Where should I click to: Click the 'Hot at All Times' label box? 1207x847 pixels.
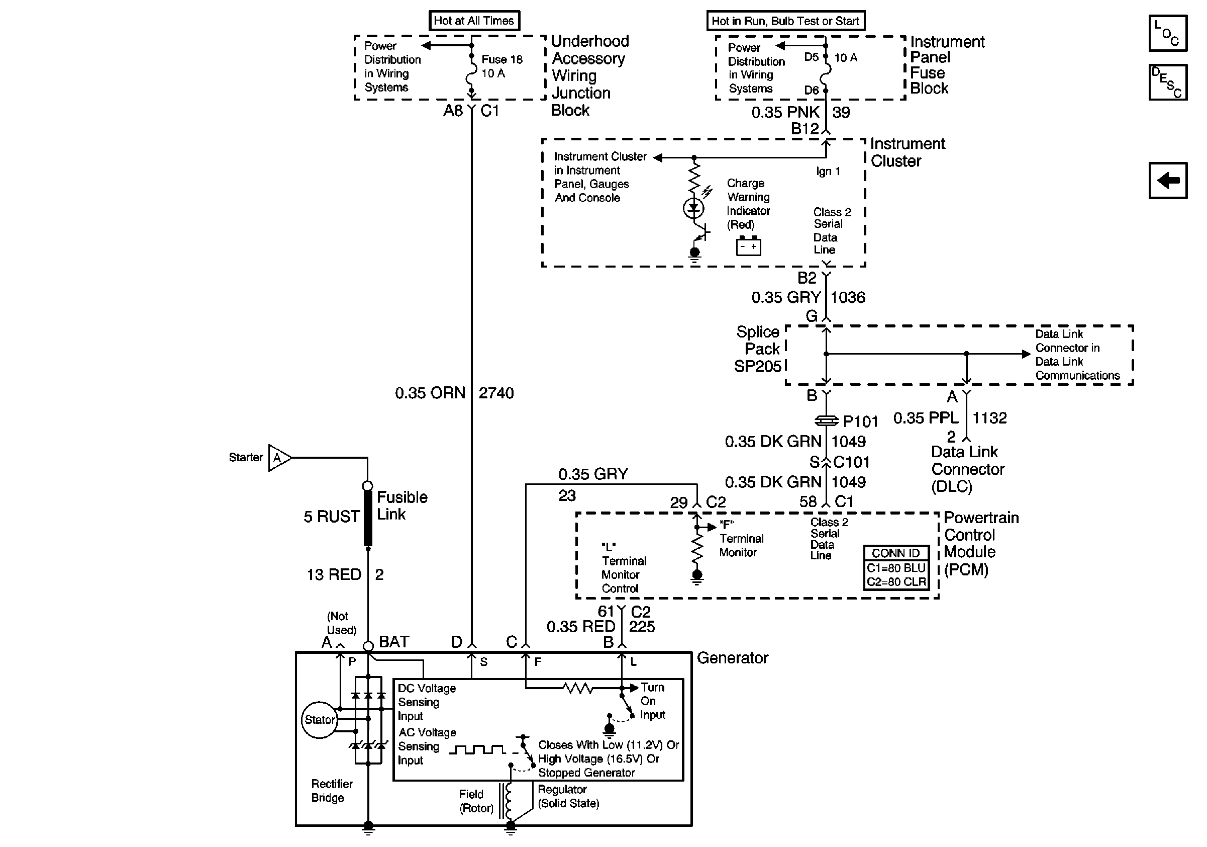click(474, 21)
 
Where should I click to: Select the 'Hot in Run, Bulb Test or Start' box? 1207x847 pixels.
click(785, 21)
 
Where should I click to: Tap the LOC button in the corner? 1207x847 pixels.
click(1168, 33)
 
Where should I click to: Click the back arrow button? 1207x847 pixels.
click(1168, 181)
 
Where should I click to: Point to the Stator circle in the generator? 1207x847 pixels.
click(319, 720)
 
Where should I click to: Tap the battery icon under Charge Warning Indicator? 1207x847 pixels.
click(748, 245)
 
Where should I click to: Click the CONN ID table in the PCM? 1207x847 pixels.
click(896, 568)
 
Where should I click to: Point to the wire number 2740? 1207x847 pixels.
click(496, 393)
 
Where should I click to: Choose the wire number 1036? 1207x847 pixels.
click(848, 298)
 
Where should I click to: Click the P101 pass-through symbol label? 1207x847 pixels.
click(861, 421)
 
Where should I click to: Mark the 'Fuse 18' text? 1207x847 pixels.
click(502, 59)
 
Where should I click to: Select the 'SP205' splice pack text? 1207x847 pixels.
click(758, 366)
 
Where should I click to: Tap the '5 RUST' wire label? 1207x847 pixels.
click(332, 517)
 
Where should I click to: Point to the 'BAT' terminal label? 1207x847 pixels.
click(394, 642)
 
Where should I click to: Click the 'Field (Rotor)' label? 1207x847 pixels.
click(476, 801)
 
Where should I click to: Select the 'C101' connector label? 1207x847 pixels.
click(852, 462)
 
